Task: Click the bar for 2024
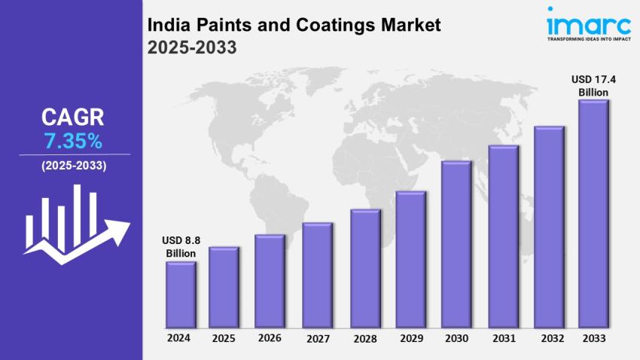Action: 181,295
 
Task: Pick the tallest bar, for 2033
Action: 593,214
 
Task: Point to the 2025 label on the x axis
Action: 224,338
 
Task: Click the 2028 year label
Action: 365,338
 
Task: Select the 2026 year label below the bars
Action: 270,338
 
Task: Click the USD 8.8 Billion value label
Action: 181,247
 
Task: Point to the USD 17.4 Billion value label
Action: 593,85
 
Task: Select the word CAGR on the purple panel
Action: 72,117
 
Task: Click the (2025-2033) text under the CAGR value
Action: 74,165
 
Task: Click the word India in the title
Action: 167,25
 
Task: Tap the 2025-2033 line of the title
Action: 192,47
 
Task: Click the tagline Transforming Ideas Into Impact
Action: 587,38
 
